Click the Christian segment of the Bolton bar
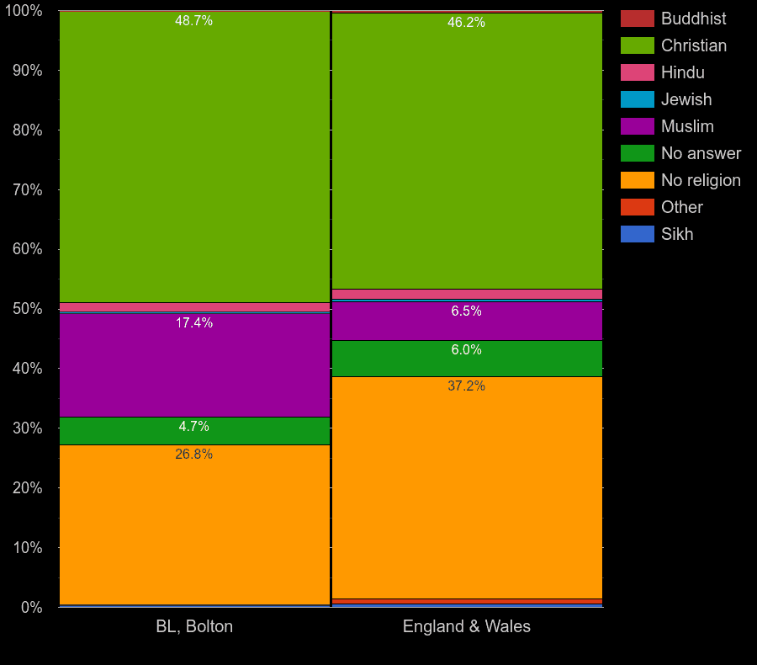click(194, 160)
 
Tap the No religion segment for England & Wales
click(467, 488)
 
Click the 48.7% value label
click(193, 20)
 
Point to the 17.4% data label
click(193, 323)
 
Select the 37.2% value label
click(466, 386)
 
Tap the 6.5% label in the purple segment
click(466, 311)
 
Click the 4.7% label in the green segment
click(193, 427)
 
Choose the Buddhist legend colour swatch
click(637, 19)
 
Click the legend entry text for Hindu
click(682, 72)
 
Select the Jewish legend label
click(686, 99)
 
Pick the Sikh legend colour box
click(637, 234)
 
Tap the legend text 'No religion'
click(700, 180)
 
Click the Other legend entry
click(681, 207)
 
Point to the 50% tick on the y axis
click(27, 309)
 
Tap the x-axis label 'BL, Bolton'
click(194, 626)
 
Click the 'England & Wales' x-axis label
click(467, 626)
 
